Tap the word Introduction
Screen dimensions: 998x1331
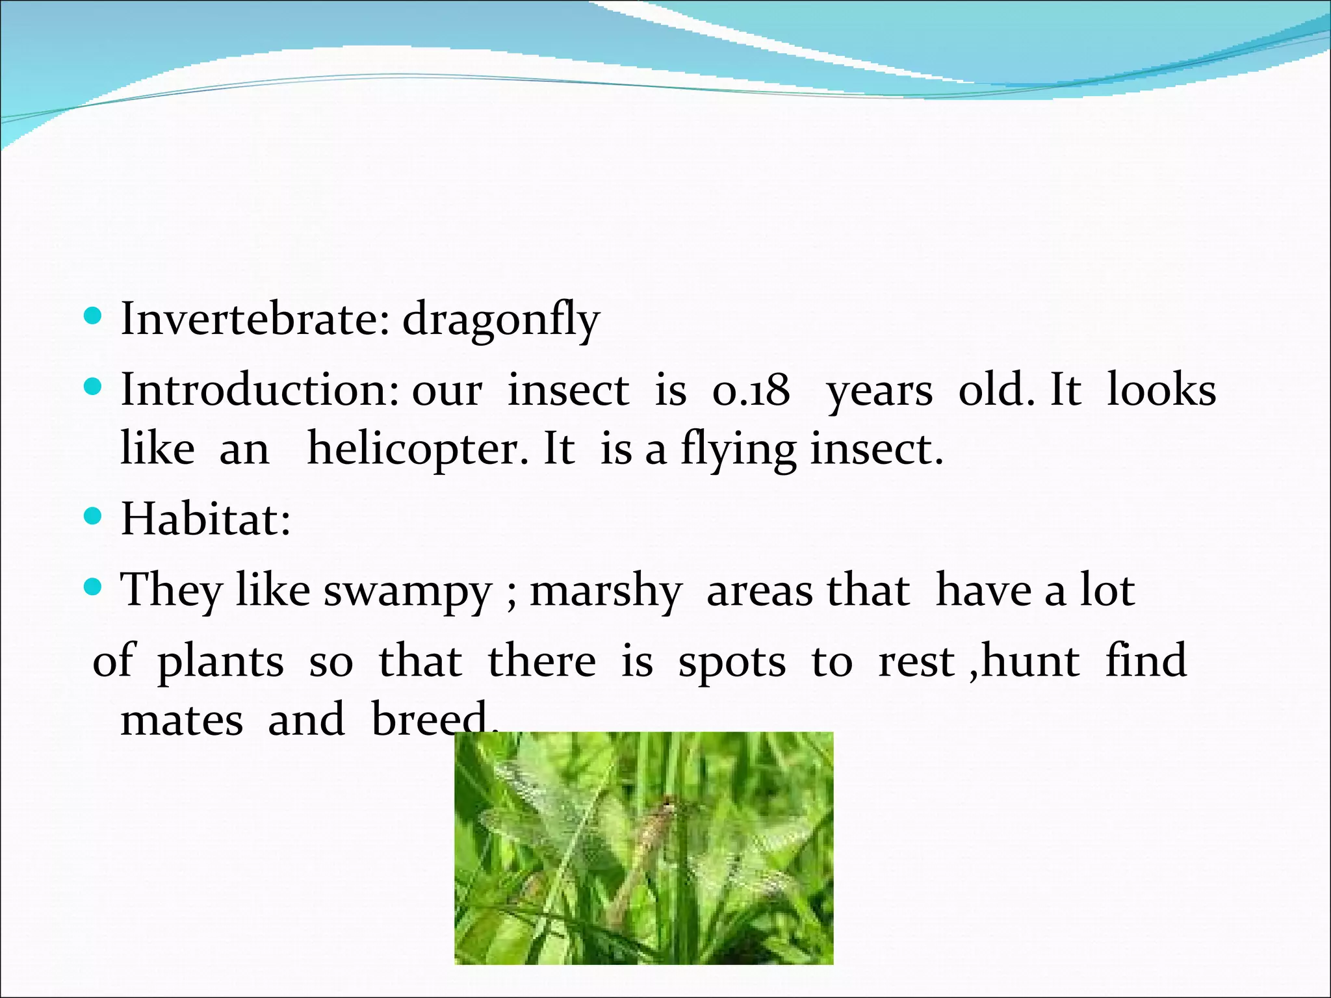click(x=259, y=390)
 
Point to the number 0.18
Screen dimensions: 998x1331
click(x=751, y=391)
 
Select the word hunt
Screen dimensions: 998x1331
click(x=1030, y=661)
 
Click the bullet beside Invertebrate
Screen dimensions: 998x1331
click(x=94, y=317)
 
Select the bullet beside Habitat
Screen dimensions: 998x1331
click(x=94, y=517)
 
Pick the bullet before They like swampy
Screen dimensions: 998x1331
click(x=94, y=588)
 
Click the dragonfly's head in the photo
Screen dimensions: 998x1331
click(x=667, y=806)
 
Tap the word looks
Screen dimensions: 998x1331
click(x=1161, y=390)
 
